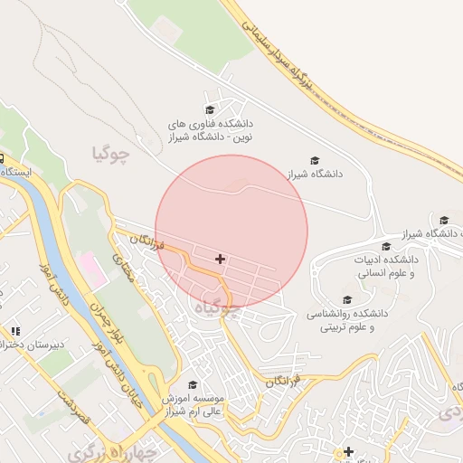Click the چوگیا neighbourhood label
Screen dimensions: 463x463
[x=111, y=154]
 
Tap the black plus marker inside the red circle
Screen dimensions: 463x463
[x=220, y=260]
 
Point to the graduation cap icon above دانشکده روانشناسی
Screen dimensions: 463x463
[x=347, y=300]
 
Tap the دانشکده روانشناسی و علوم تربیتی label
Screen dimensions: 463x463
[x=352, y=319]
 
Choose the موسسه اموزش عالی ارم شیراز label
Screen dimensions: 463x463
[x=193, y=405]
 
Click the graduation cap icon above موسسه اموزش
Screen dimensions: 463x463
[x=193, y=385]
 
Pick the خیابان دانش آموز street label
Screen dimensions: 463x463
[x=123, y=384]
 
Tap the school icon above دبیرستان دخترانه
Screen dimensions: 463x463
[x=15, y=332]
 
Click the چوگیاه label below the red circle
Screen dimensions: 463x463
[x=218, y=308]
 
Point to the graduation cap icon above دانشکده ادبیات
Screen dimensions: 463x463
[x=386, y=246]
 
